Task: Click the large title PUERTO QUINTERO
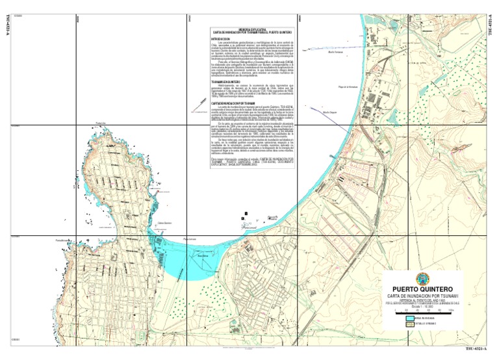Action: [423, 289]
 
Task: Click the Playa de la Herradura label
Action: [345, 86]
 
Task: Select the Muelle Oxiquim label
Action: [331, 112]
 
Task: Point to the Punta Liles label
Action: [99, 122]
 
